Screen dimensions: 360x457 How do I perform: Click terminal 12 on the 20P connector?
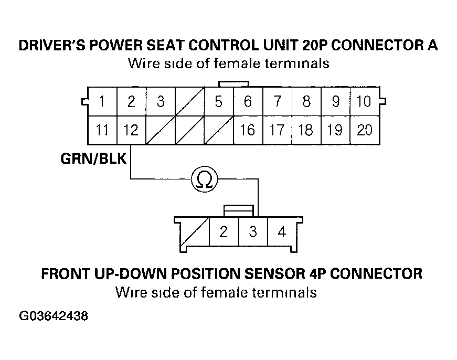pyautogui.click(x=131, y=130)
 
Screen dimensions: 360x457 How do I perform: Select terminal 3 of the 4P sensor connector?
pyautogui.click(x=253, y=231)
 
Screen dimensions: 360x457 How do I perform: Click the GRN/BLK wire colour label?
pyautogui.click(x=94, y=158)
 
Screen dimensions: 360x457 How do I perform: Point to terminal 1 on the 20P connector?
pyautogui.click(x=102, y=102)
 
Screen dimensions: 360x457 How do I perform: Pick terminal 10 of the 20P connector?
pyautogui.click(x=364, y=102)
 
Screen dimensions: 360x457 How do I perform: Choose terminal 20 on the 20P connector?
pyautogui.click(x=364, y=130)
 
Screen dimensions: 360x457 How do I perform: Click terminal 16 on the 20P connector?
pyautogui.click(x=247, y=130)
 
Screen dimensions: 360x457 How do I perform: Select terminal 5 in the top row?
pyautogui.click(x=218, y=102)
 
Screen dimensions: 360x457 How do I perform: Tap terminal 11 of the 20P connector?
pyautogui.click(x=102, y=130)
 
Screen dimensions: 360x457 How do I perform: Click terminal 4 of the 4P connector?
pyautogui.click(x=282, y=231)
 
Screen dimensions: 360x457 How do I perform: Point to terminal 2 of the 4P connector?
pyautogui.click(x=224, y=231)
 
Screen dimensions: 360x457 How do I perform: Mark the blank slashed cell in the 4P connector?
pyautogui.click(x=195, y=231)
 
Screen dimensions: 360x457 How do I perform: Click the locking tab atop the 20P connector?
pyautogui.click(x=233, y=84)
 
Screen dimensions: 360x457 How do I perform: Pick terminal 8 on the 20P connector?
pyautogui.click(x=306, y=102)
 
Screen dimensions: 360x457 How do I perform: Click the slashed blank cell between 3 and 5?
pyautogui.click(x=189, y=102)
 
